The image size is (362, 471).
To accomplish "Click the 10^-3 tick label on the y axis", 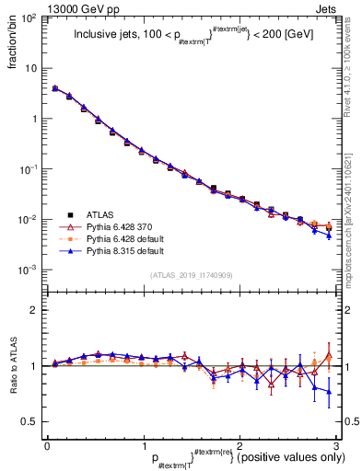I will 29,270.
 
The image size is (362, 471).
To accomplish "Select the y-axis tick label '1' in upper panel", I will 35,120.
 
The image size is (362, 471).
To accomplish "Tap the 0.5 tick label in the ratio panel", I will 29,421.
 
